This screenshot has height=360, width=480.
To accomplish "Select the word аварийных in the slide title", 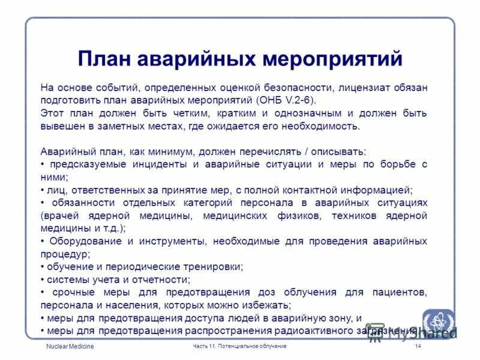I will [x=199, y=59].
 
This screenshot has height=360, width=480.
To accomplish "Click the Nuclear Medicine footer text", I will [x=70, y=347].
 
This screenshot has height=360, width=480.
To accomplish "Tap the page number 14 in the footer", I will [x=418, y=347].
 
